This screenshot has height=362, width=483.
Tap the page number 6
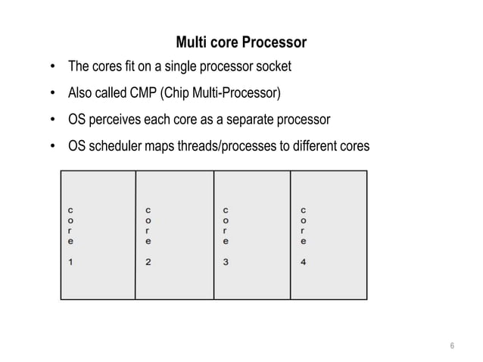click(451, 348)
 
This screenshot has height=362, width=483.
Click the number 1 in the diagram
click(70, 263)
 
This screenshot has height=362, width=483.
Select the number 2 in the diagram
click(148, 263)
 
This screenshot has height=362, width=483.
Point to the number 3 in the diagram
click(226, 263)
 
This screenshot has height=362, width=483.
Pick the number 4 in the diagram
click(303, 263)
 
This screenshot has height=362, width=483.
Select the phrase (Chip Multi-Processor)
click(218, 94)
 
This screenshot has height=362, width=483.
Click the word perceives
click(122, 120)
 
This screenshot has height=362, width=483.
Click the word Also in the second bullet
click(81, 94)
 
